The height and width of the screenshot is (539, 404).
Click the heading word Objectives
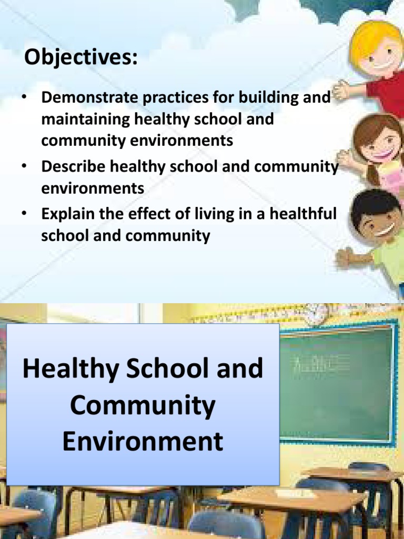tap(80, 58)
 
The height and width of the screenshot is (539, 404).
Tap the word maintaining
tap(86, 119)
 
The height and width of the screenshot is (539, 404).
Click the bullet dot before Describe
tap(24, 166)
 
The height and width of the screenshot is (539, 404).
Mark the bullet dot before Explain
tap(24, 214)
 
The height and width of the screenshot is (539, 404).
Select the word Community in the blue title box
tap(143, 405)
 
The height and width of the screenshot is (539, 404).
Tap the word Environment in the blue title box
tap(143, 441)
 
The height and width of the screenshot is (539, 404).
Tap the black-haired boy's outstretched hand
tap(345, 257)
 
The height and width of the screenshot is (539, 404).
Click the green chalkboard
tap(336, 385)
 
